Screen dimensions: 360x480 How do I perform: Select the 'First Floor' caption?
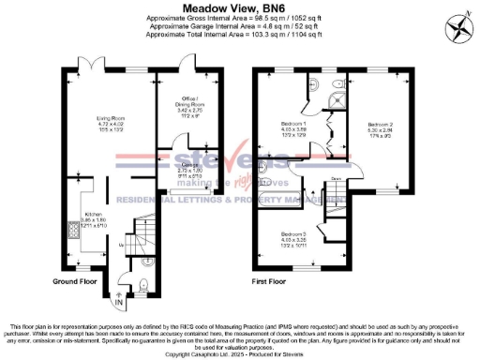click(x=283, y=281)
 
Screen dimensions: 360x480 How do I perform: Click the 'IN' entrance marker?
click(x=118, y=304)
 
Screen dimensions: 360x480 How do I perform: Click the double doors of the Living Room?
click(x=87, y=66)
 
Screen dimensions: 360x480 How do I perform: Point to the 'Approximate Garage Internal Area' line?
click(x=240, y=25)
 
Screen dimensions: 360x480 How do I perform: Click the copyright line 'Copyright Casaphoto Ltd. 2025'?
click(x=240, y=355)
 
